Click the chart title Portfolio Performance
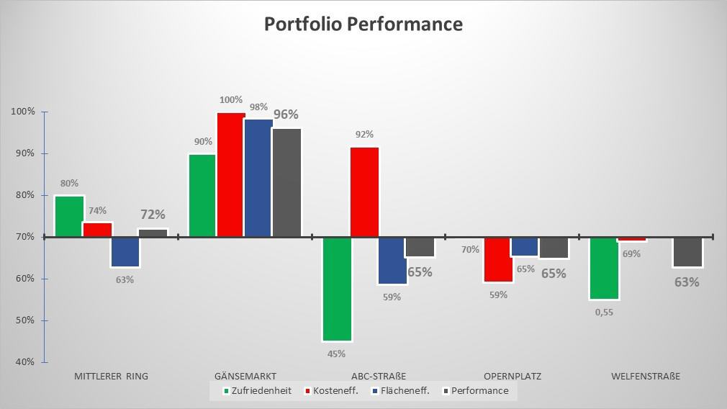(363, 24)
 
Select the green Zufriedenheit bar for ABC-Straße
(337, 288)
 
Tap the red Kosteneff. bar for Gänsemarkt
(231, 175)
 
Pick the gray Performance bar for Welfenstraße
(687, 252)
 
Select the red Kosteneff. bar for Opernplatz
(498, 259)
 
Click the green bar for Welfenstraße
(604, 268)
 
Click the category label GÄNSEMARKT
(245, 376)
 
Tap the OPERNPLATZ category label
(512, 376)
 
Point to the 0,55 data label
(604, 313)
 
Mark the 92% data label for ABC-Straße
(363, 134)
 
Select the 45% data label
(336, 354)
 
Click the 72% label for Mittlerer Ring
(152, 215)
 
